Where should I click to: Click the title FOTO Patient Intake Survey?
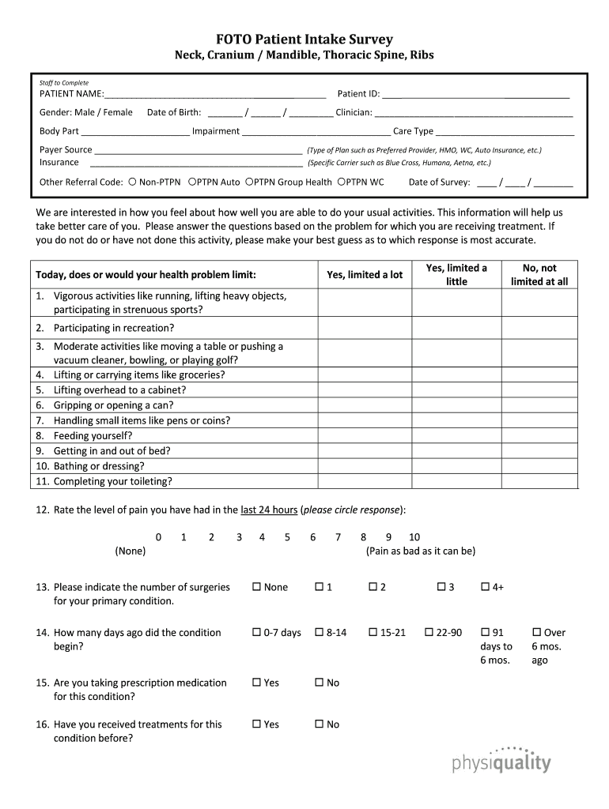click(x=304, y=40)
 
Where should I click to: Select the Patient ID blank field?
click(x=475, y=94)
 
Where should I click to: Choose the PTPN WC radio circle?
click(x=341, y=182)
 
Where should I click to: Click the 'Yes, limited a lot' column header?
click(x=365, y=275)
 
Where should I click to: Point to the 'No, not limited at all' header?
click(x=539, y=275)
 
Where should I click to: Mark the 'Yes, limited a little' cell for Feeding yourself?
click(x=456, y=435)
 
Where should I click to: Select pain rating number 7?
click(x=338, y=537)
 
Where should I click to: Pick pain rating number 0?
click(x=158, y=537)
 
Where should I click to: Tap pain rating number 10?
click(x=414, y=537)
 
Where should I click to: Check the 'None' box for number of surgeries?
click(x=256, y=587)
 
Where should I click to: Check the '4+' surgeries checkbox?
click(x=486, y=587)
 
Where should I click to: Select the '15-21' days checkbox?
click(x=373, y=632)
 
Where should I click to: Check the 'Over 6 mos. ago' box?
click(x=537, y=632)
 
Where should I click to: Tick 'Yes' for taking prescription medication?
click(x=256, y=683)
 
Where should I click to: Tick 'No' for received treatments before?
click(x=320, y=724)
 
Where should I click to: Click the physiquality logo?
click(x=501, y=760)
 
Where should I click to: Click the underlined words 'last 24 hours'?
click(x=269, y=510)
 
